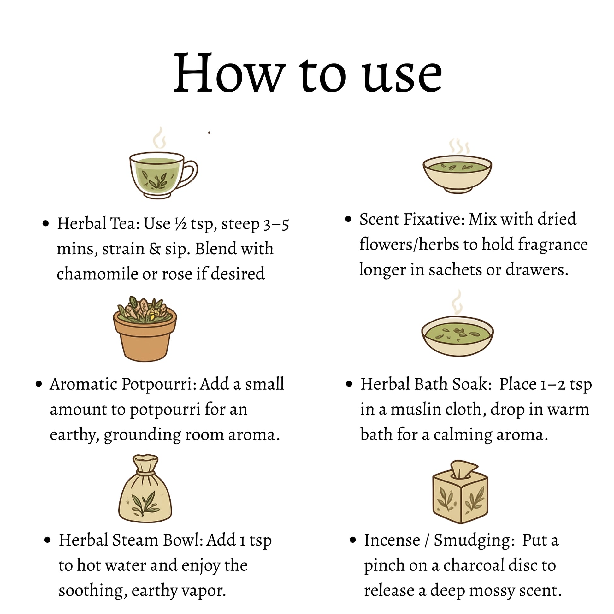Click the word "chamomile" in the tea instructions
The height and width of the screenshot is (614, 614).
pyautogui.click(x=97, y=273)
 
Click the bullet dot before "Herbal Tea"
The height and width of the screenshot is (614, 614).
pyautogui.click(x=46, y=224)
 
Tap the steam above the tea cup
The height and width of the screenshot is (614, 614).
pyautogui.click(x=159, y=138)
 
